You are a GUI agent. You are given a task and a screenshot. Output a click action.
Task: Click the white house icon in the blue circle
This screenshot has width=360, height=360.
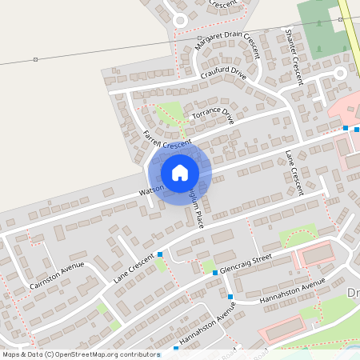(x=180, y=172)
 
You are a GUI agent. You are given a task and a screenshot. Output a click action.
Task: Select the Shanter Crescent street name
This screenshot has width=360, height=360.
(x=294, y=57)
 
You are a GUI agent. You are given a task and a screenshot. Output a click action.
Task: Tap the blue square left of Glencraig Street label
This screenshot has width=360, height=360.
(x=215, y=273)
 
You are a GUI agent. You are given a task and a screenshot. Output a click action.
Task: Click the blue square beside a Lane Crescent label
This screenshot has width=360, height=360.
(x=160, y=254)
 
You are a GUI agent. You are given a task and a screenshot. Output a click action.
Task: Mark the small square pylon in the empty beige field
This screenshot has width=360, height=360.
(x=36, y=59)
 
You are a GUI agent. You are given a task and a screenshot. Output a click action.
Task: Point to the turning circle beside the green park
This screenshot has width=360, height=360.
(x=339, y=73)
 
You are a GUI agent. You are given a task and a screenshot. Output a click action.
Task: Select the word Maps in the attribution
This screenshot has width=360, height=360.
(x=11, y=354)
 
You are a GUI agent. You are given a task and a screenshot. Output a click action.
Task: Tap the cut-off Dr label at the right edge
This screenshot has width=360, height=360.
(x=354, y=293)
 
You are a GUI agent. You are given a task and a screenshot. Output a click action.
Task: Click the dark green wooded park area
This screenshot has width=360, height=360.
(x=320, y=24)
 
